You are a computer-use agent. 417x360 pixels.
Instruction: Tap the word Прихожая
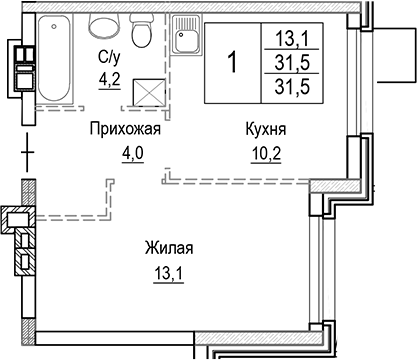[124, 129]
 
